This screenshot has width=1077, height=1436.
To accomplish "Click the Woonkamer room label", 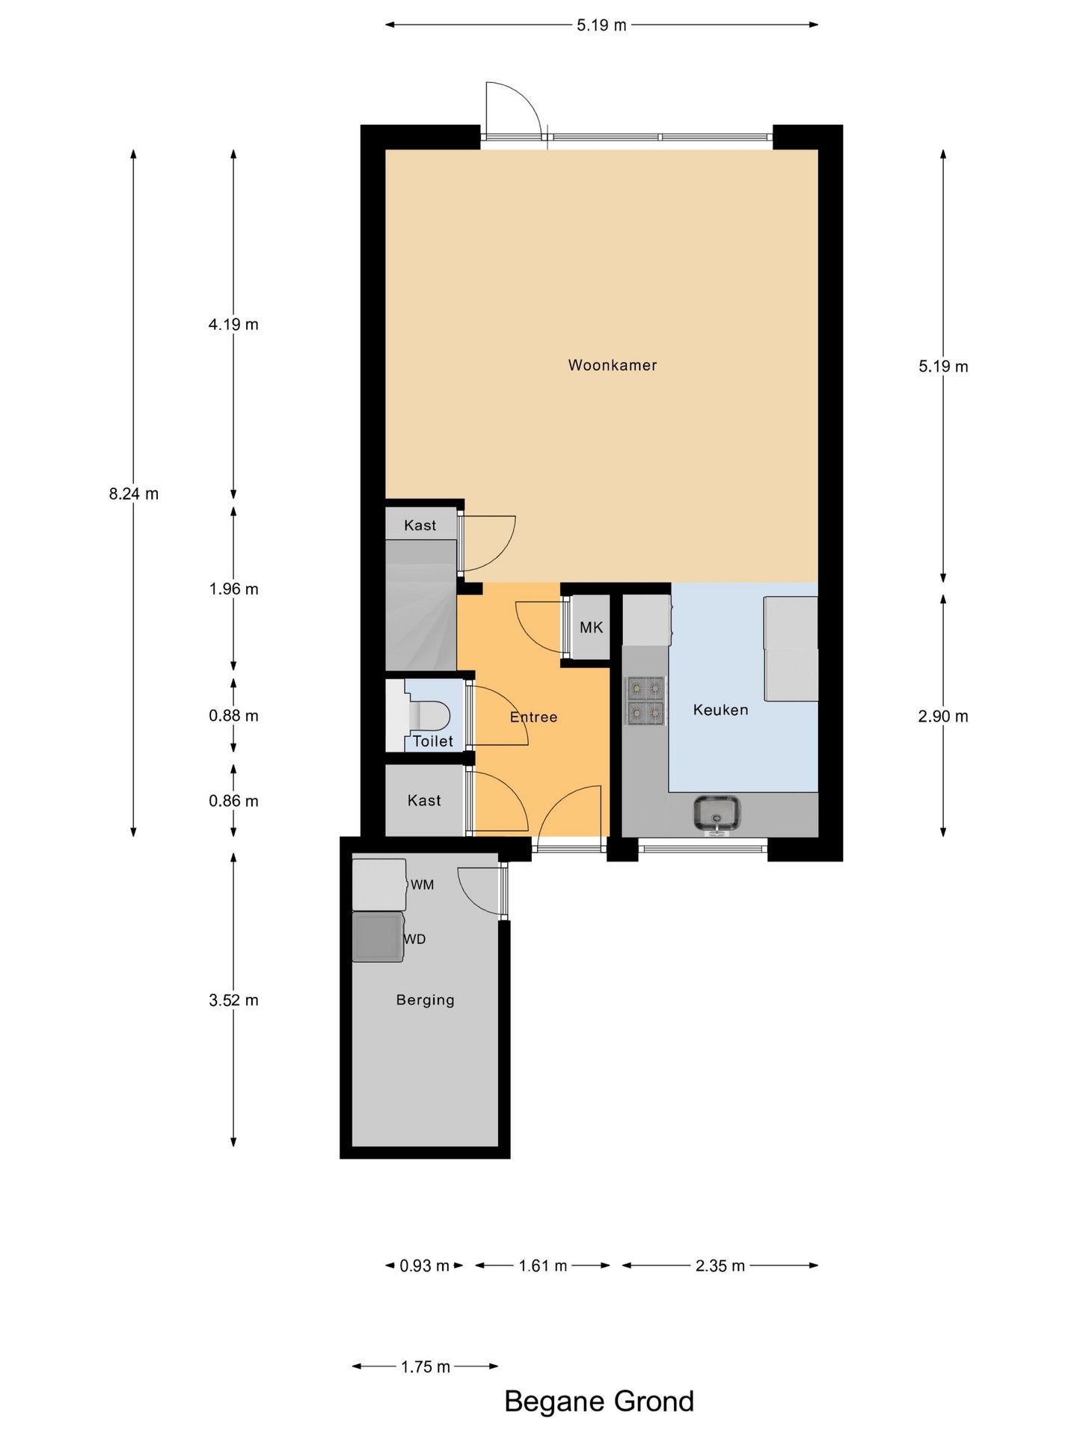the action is [x=613, y=365].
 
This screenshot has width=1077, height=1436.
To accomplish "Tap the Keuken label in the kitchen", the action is [x=720, y=710].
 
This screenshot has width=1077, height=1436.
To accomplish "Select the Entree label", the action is [x=533, y=717].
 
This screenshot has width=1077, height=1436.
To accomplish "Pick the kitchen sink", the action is [x=717, y=813].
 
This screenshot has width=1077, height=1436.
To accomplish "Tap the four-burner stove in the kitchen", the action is [x=645, y=701].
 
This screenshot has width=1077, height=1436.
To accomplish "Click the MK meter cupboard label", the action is [x=591, y=628].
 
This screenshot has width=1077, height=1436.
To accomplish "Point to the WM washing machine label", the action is [x=422, y=885].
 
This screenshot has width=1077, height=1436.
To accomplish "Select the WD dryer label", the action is [x=415, y=939].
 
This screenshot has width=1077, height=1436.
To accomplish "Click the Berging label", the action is [x=425, y=1000].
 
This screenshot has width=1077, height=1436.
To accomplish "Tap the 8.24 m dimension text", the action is [x=134, y=494].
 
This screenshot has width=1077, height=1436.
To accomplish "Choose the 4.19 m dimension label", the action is [x=233, y=325].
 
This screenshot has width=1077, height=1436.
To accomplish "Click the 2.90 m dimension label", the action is [x=943, y=717].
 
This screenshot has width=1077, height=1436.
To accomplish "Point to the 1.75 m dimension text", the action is [x=426, y=1367].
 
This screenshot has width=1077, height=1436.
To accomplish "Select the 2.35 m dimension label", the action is [x=720, y=1265].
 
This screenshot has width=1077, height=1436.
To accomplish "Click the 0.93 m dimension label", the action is [x=424, y=1265].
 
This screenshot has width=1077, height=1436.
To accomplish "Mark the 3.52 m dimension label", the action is [x=233, y=1001].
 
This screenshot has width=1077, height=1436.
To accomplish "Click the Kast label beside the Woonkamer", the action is [x=420, y=526].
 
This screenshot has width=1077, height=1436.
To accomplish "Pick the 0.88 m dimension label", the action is [x=233, y=716].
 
